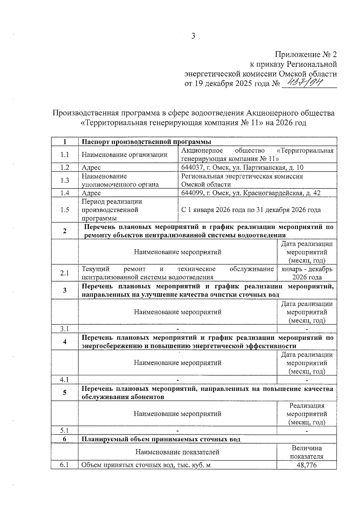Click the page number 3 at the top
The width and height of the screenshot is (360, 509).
pos(193,36)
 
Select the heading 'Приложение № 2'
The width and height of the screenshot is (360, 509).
pos(306,54)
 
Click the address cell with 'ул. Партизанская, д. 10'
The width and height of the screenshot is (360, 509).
pos(242,167)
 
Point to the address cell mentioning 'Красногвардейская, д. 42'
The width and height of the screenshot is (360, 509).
pos(250,193)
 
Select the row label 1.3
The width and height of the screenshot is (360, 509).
pos(64,180)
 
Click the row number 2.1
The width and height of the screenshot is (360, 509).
pos(64,273)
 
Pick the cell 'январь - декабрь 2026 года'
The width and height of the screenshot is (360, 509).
pos(307,273)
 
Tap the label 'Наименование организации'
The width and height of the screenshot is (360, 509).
pos(124,155)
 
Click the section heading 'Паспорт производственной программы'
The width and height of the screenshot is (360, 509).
pos(146,142)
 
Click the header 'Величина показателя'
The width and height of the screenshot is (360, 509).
pos(306,452)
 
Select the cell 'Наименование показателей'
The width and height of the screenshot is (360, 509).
pos(177,452)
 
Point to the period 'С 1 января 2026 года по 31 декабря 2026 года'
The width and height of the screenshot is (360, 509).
pos(251,210)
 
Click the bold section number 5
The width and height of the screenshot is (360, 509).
pos(64,393)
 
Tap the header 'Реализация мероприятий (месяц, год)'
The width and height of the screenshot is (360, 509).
pos(307,414)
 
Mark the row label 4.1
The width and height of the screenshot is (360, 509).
pos(64,380)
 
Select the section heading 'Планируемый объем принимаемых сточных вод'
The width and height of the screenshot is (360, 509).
pos(161,439)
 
